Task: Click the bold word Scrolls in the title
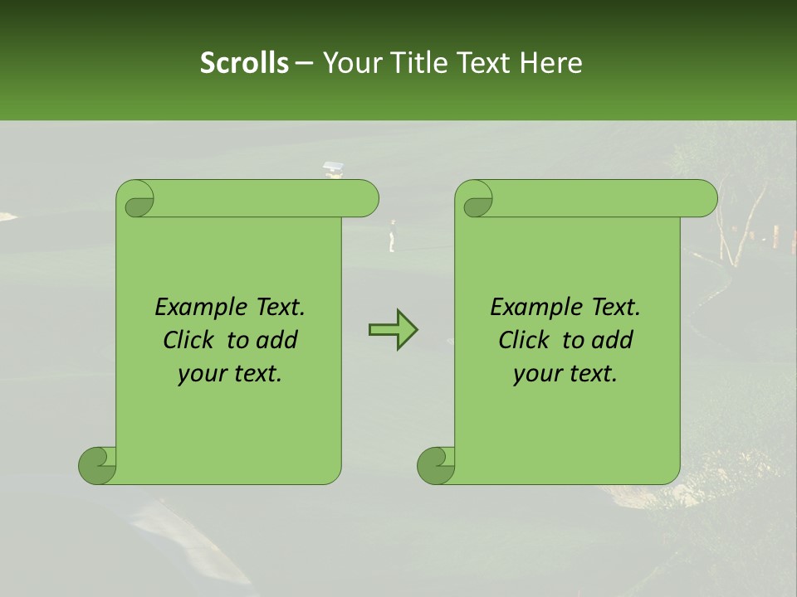(244, 63)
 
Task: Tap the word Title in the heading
(422, 63)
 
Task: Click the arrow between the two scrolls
(393, 330)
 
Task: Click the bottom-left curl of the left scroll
(98, 465)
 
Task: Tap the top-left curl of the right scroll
(476, 199)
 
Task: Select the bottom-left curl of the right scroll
(437, 465)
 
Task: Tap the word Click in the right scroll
(524, 340)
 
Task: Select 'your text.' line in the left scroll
(230, 374)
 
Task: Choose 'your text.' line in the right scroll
(565, 374)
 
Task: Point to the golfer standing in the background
(392, 235)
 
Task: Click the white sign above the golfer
(332, 167)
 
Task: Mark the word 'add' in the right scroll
(614, 340)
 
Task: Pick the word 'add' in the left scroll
(278, 340)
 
